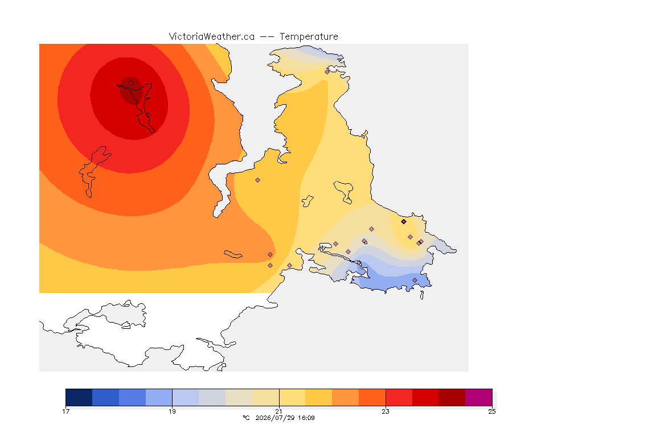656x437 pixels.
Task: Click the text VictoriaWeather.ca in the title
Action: [212, 37]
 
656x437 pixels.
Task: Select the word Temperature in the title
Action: [309, 37]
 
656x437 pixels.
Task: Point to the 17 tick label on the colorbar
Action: [65, 411]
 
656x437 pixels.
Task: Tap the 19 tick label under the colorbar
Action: [173, 411]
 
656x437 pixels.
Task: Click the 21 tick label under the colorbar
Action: [279, 411]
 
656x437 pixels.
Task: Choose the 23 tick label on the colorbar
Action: [386, 411]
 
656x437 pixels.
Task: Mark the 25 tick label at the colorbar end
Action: [492, 411]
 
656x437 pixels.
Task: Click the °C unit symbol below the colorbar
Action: [247, 418]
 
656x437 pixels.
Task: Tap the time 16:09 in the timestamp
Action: [306, 418]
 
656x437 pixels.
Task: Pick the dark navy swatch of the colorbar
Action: [79, 397]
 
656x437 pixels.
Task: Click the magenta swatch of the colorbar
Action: [478, 397]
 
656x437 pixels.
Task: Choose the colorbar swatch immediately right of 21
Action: [293, 397]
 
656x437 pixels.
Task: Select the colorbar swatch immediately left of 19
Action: [159, 397]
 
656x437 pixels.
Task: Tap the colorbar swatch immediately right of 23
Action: [399, 397]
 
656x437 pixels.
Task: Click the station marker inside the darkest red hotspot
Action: [132, 84]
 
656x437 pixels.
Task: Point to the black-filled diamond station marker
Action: [404, 222]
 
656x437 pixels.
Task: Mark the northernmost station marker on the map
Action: [327, 72]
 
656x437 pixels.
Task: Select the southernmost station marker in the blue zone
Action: [415, 280]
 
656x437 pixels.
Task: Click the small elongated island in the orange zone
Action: [233, 254]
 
